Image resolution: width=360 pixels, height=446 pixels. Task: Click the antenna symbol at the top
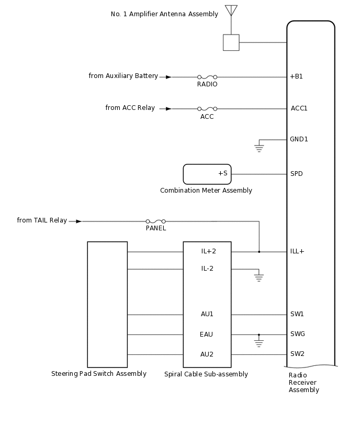pyautogui.click(x=231, y=10)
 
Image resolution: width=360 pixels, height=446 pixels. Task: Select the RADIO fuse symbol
pyautogui.click(x=207, y=77)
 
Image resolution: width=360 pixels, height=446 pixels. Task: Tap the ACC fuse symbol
pyautogui.click(x=207, y=109)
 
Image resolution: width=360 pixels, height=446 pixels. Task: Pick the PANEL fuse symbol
pyautogui.click(x=155, y=221)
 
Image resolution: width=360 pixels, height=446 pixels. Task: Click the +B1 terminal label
pyautogui.click(x=296, y=76)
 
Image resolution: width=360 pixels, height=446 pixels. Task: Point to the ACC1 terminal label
pyautogui.click(x=299, y=108)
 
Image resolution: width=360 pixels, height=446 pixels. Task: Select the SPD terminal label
pyautogui.click(x=296, y=174)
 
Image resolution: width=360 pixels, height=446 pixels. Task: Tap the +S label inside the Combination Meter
pyautogui.click(x=222, y=173)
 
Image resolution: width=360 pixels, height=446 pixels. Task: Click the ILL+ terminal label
pyautogui.click(x=297, y=251)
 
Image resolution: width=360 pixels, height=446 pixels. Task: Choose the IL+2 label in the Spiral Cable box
pyautogui.click(x=208, y=251)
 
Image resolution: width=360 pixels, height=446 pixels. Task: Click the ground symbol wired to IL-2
pyautogui.click(x=258, y=277)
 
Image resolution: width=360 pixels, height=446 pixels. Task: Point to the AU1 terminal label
pyautogui.click(x=207, y=314)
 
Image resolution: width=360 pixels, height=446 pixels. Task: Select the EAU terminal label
pyautogui.click(x=206, y=334)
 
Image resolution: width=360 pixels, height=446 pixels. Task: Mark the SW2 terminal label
pyautogui.click(x=297, y=354)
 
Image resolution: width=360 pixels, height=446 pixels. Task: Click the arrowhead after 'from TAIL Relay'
pyautogui.click(x=78, y=221)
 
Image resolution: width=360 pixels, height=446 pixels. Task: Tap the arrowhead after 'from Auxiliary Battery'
pyautogui.click(x=168, y=77)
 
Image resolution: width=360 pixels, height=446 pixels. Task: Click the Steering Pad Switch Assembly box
pyautogui.click(x=107, y=304)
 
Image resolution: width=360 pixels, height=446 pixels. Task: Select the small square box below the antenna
pyautogui.click(x=231, y=42)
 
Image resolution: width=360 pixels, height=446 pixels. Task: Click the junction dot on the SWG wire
pyautogui.click(x=258, y=334)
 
